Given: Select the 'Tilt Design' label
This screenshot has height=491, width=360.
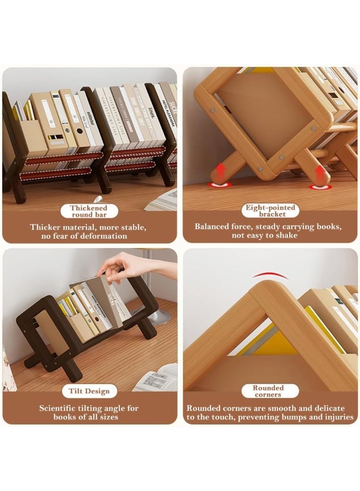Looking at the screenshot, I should [89, 391].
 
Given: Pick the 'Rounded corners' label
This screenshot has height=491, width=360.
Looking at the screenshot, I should [268, 391].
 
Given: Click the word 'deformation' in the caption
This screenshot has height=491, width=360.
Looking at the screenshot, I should [104, 236].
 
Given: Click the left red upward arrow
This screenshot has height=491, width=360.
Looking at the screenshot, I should [220, 175].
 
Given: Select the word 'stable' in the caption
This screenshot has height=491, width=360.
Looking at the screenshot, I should [133, 227].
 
